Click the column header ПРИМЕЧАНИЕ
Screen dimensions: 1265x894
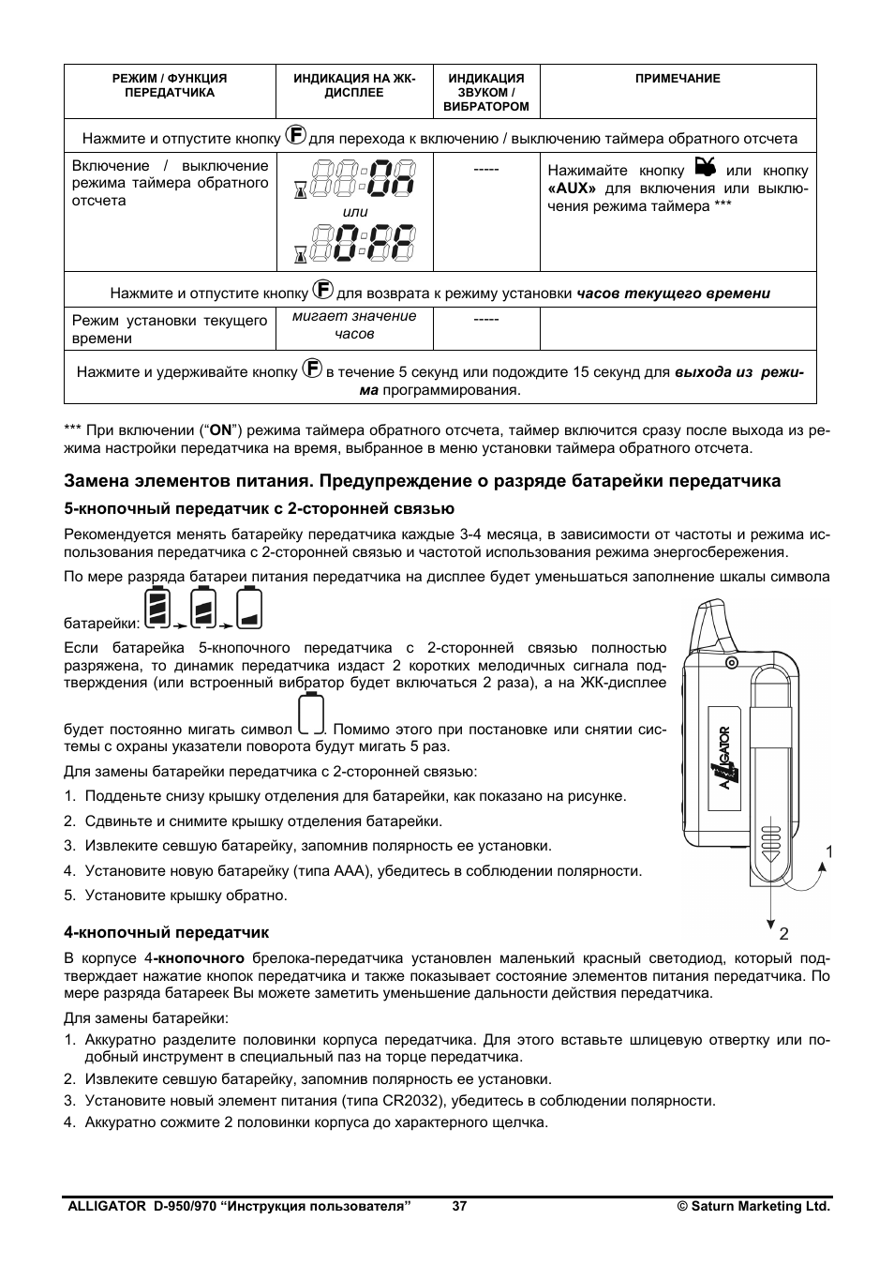[x=678, y=79]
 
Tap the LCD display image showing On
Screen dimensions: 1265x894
[x=356, y=179]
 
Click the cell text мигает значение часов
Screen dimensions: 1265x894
[x=353, y=324]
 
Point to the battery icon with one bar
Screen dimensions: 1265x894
[x=249, y=608]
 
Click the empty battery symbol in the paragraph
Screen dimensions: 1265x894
[x=310, y=715]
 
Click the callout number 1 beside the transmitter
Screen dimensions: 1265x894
[x=828, y=851]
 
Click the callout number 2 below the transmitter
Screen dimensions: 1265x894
[x=783, y=933]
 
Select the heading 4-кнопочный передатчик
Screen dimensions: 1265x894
[x=166, y=932]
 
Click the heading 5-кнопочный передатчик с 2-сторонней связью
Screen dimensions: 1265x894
[x=259, y=508]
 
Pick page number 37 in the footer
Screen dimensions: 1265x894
[x=459, y=1207]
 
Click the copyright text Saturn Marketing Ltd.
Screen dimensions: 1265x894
[x=754, y=1207]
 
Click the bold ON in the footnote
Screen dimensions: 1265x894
[x=220, y=430]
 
